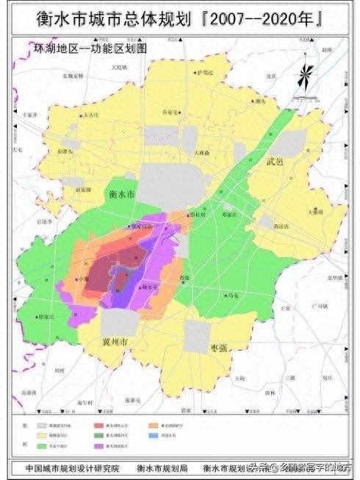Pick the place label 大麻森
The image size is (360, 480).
click(204, 152)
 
